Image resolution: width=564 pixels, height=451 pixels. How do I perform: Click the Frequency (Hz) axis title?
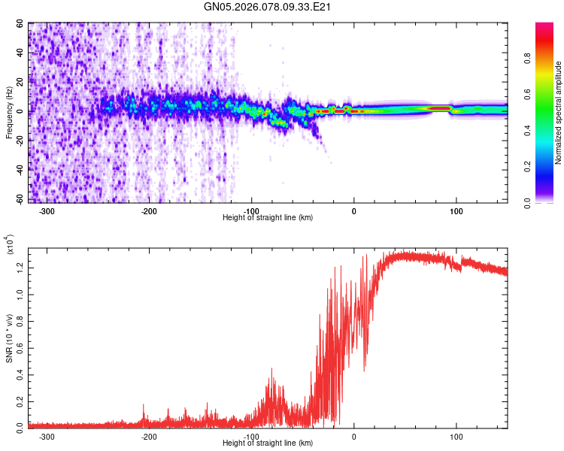[10, 113]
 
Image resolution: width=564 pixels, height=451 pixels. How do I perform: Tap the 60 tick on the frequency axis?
[19, 24]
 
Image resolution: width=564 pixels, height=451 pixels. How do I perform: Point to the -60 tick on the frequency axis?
[17, 198]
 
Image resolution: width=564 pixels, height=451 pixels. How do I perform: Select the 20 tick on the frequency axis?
[19, 82]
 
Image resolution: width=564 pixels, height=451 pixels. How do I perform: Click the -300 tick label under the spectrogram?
[47, 211]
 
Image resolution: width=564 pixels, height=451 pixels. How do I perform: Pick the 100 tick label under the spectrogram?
[456, 211]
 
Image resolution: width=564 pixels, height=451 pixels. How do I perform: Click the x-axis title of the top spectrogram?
[268, 218]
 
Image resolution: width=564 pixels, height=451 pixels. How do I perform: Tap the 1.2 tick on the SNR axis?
[19, 267]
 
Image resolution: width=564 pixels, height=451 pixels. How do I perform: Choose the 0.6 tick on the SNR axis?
[19, 347]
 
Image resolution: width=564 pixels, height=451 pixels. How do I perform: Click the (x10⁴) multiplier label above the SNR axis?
[10, 246]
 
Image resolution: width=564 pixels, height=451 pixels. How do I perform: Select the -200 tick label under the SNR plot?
[149, 436]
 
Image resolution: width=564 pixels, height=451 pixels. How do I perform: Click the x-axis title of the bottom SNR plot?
[268, 443]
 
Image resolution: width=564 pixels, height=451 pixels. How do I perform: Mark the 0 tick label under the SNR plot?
[354, 436]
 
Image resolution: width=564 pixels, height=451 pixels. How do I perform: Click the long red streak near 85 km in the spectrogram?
[438, 109]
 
